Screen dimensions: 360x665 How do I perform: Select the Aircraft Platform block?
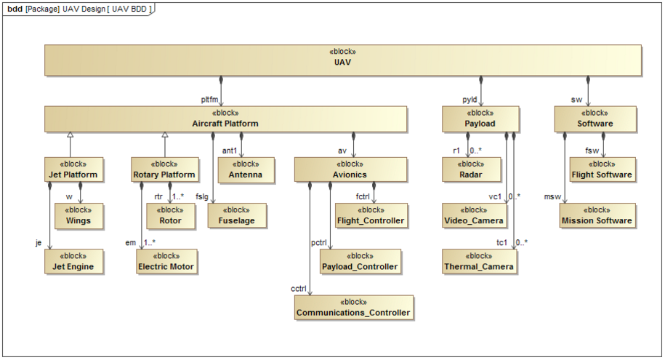click(225, 119)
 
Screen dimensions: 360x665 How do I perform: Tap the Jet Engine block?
click(72, 261)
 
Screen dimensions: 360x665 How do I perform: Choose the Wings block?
click(79, 215)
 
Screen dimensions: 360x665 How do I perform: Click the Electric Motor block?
click(166, 261)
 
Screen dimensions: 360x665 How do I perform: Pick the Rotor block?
click(169, 215)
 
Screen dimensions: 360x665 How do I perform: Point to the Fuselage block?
click(237, 215)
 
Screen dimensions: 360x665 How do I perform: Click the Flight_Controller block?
click(369, 215)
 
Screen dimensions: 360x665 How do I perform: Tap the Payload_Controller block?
click(359, 261)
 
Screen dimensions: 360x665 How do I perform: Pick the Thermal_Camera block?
click(480, 261)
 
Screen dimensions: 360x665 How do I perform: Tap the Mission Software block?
click(596, 215)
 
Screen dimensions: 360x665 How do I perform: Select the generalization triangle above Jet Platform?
click(69, 135)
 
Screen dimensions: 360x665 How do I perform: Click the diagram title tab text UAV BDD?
click(132, 8)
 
